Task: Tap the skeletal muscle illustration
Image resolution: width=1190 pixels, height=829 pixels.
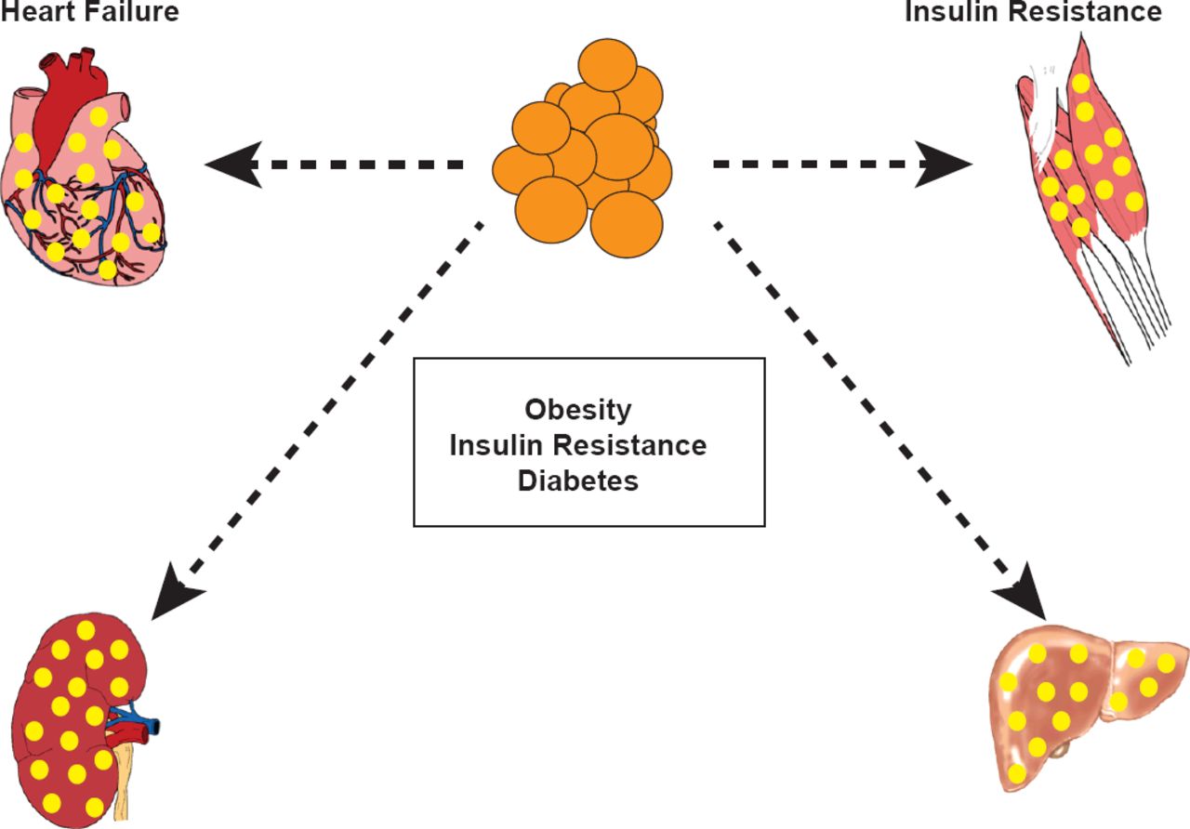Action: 1088,167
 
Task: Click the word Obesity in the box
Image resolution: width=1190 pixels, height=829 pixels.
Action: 577,410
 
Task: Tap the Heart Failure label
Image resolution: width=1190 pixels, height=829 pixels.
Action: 88,11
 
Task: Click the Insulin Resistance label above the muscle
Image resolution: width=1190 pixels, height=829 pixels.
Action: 1032,11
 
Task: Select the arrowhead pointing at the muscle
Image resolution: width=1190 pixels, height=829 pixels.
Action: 944,165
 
